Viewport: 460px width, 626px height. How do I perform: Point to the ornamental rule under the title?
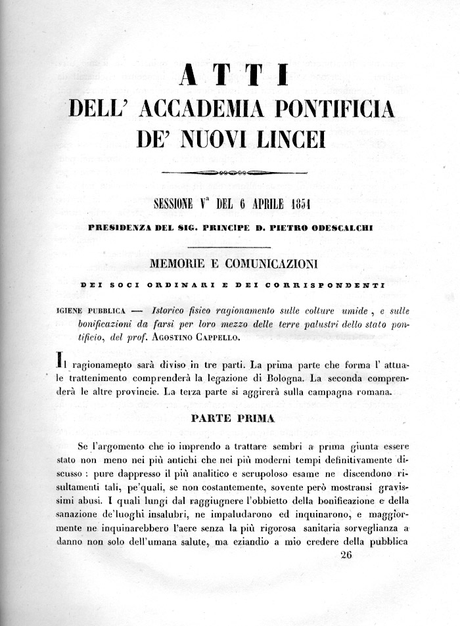tap(234, 173)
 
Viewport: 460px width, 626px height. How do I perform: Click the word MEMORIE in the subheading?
tap(179, 265)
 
